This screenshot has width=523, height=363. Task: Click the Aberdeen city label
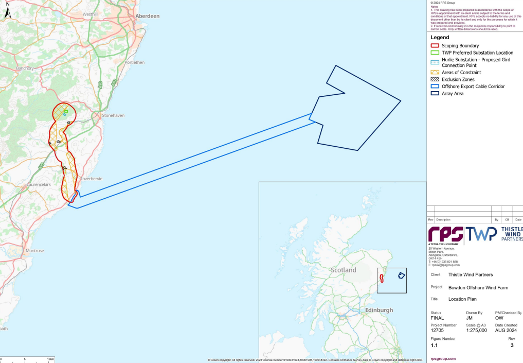click(x=147, y=16)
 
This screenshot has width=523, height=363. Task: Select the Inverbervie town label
click(x=92, y=179)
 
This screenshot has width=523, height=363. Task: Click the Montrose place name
click(x=35, y=251)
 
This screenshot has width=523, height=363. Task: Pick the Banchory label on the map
click(x=25, y=68)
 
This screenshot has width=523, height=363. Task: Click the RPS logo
click(x=445, y=234)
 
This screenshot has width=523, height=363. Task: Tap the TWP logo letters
click(x=482, y=234)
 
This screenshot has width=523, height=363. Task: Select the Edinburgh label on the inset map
click(x=378, y=310)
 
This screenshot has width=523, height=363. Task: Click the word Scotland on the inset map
click(x=343, y=270)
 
